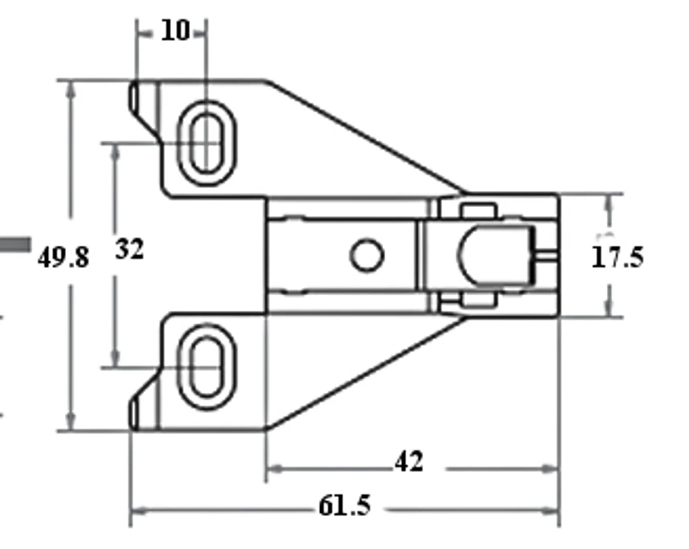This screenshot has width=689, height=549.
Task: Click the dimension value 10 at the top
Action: click(x=175, y=31)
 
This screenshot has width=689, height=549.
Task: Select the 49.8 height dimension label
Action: click(x=64, y=258)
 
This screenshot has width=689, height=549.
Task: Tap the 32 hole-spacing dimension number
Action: click(x=130, y=250)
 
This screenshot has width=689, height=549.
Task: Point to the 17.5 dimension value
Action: click(x=617, y=257)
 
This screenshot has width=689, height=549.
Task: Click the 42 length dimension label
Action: click(x=409, y=462)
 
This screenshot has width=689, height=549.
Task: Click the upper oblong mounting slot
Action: click(x=207, y=143)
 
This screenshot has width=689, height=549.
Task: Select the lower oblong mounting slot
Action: click(x=207, y=367)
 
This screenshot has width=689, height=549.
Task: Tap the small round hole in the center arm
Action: click(x=367, y=255)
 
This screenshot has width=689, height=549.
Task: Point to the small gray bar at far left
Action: click(x=15, y=245)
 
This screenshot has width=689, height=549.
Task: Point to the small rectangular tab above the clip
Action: click(x=478, y=210)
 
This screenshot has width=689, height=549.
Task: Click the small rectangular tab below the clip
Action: click(x=478, y=300)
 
